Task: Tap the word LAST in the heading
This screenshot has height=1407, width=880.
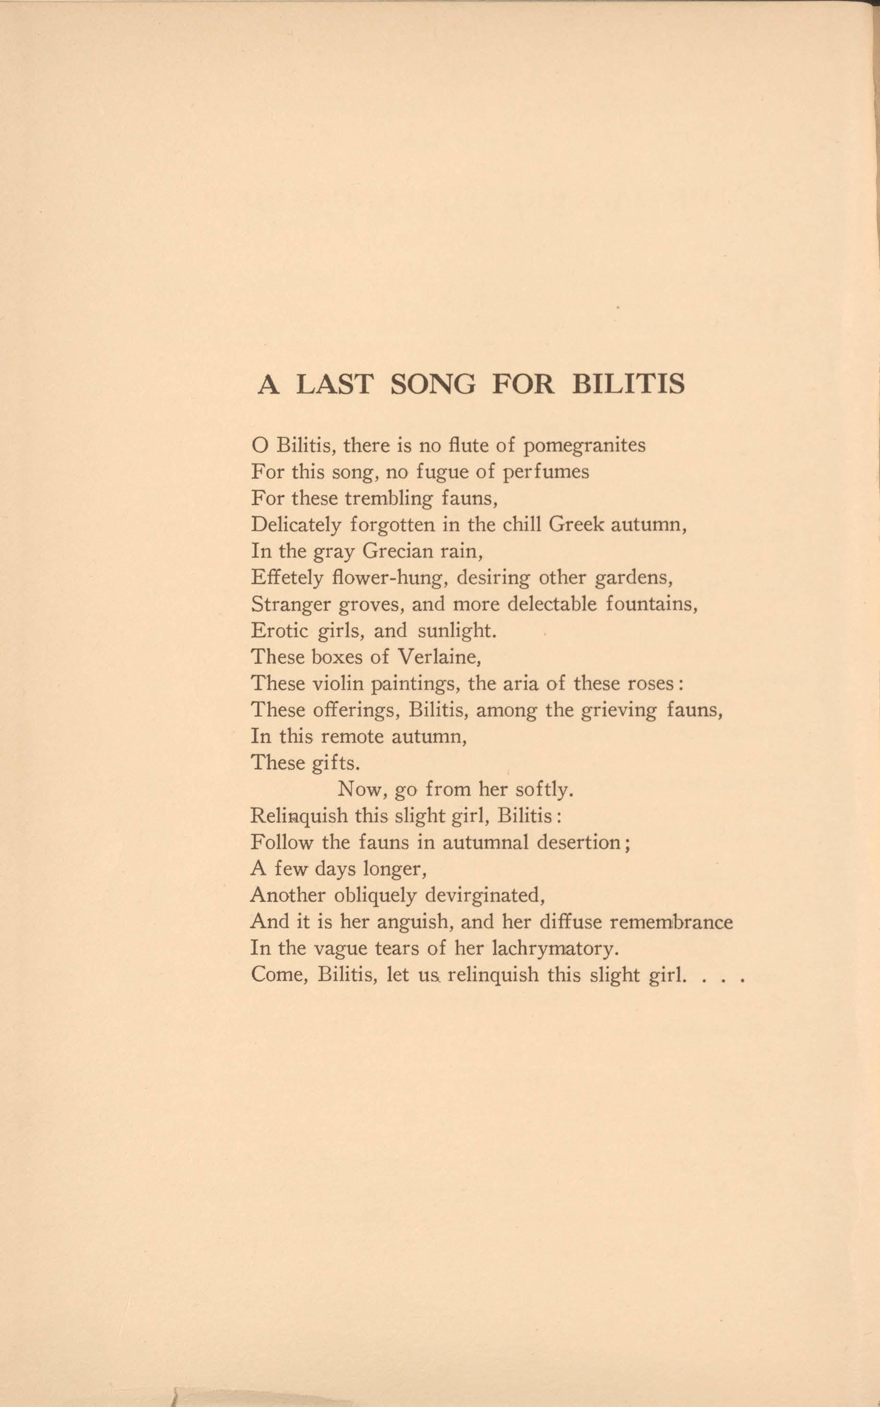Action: (x=334, y=384)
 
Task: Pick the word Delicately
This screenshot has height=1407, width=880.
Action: (x=296, y=525)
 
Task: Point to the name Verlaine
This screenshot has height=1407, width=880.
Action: (x=438, y=657)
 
